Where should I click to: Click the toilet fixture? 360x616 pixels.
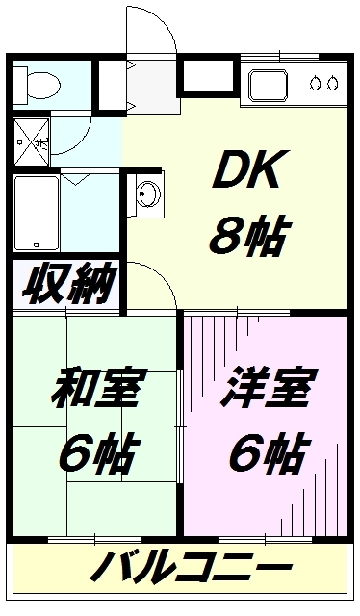(37, 84)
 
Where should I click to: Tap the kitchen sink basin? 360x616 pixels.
(269, 86)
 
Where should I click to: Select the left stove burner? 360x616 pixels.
(315, 83)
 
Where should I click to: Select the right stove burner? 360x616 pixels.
(333, 83)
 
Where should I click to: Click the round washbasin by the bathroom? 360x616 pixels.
(149, 193)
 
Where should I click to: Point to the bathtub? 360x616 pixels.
(37, 214)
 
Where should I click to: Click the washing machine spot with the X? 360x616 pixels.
(32, 142)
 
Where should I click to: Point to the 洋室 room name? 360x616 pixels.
(269, 387)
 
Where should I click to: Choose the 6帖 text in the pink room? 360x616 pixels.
(269, 451)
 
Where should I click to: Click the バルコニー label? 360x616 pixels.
(192, 567)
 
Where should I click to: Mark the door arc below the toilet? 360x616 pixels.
(80, 142)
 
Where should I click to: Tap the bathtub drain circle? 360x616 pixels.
(37, 244)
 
